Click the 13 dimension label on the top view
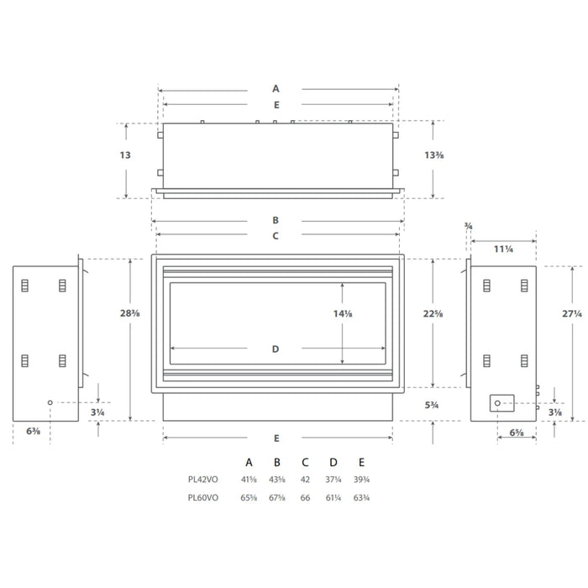pyautogui.click(x=125, y=155)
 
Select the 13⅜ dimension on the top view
pyautogui.click(x=434, y=155)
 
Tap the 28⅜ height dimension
pyautogui.click(x=129, y=312)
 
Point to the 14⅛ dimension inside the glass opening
pyautogui.click(x=343, y=312)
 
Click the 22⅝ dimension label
pyautogui.click(x=433, y=312)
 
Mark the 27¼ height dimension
pyautogui.click(x=571, y=312)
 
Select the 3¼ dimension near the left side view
pyautogui.click(x=98, y=412)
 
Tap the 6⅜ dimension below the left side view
pyautogui.click(x=33, y=432)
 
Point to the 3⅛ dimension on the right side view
pyautogui.click(x=555, y=412)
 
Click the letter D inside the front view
pyautogui.click(x=276, y=349)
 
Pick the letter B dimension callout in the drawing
pyautogui.click(x=276, y=220)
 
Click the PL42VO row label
pyautogui.click(x=203, y=480)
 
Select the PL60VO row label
pyautogui.click(x=203, y=497)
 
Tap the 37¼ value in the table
pyautogui.click(x=333, y=480)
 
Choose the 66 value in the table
pyautogui.click(x=305, y=497)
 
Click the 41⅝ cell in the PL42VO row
pyautogui.click(x=249, y=480)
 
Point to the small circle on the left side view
pyautogui.click(x=50, y=403)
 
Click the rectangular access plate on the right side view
pyautogui.click(x=502, y=403)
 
